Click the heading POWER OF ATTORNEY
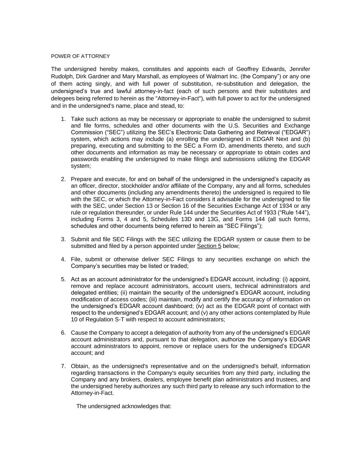pyautogui.click(x=81, y=56)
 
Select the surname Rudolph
pyautogui.click(x=62, y=76)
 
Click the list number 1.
pyautogui.click(x=63, y=119)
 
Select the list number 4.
pyautogui.click(x=63, y=259)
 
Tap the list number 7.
pyautogui.click(x=63, y=366)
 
